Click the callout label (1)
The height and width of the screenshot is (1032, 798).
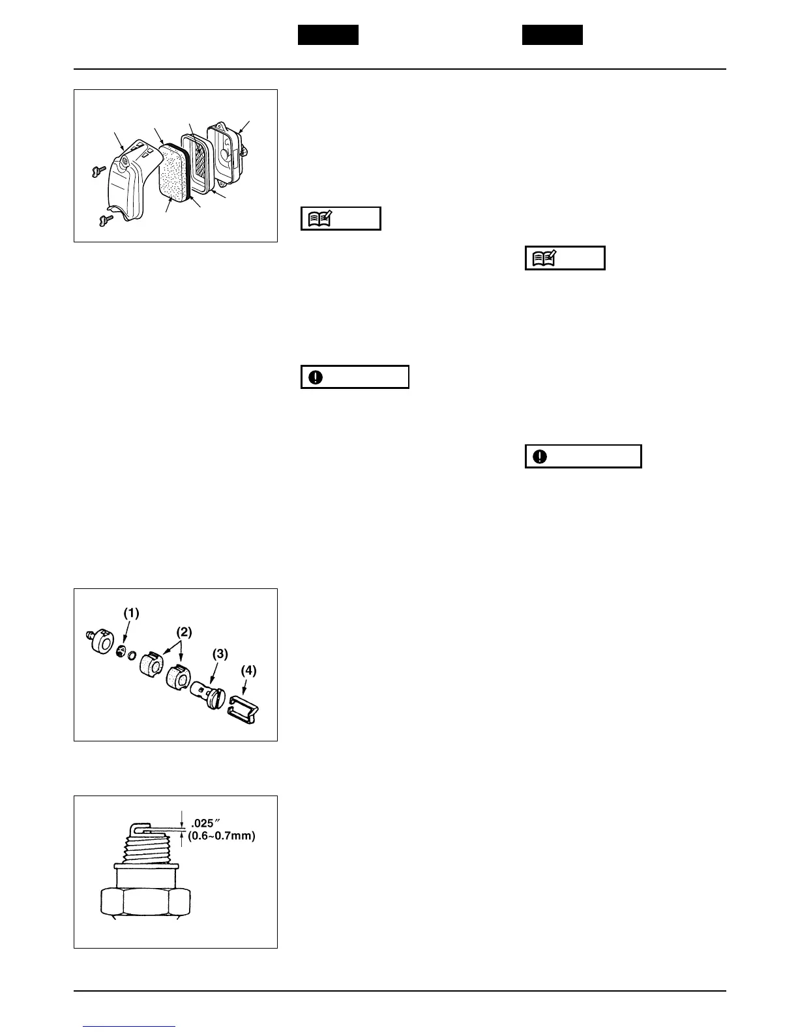[x=131, y=613]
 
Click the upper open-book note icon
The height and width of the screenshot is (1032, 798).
[x=321, y=219]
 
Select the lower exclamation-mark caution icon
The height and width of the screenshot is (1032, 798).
[x=540, y=457]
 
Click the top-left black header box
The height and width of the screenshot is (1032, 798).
[x=328, y=35]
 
